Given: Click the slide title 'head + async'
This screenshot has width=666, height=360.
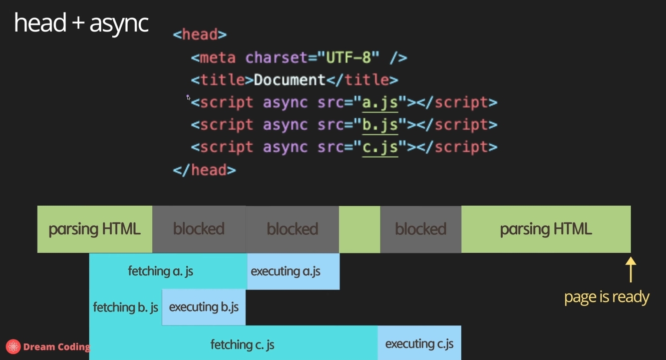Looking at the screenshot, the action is (x=81, y=23).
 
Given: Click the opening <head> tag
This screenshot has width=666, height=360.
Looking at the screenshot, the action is (x=200, y=35).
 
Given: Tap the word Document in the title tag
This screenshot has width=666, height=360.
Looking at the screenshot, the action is (x=290, y=80).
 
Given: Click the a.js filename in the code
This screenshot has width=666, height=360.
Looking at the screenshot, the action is (x=380, y=103).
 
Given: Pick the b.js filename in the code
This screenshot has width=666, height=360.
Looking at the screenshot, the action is (x=380, y=125).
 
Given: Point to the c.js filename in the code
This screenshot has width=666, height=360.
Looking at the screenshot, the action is (x=380, y=147).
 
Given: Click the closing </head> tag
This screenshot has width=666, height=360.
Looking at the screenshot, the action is (x=204, y=170).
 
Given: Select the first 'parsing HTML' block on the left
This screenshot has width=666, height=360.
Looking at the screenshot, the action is (x=95, y=229).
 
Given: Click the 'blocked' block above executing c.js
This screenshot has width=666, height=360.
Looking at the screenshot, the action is (x=421, y=229).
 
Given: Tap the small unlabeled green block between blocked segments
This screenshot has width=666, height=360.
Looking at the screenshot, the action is (x=360, y=229).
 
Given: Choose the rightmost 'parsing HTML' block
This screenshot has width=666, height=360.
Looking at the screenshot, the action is (x=546, y=229).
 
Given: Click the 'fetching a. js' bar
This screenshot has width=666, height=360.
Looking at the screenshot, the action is (x=161, y=271).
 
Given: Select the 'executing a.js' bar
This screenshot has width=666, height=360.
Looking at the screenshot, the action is (x=293, y=271).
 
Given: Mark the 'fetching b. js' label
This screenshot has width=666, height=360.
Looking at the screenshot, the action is (x=126, y=307).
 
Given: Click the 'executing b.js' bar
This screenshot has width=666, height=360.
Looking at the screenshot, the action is (x=204, y=307).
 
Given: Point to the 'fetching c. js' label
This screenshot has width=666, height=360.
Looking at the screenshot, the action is (x=242, y=344).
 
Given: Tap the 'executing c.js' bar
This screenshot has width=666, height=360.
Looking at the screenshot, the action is (x=419, y=343).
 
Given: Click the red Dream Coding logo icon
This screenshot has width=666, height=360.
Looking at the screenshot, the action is (x=13, y=346).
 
